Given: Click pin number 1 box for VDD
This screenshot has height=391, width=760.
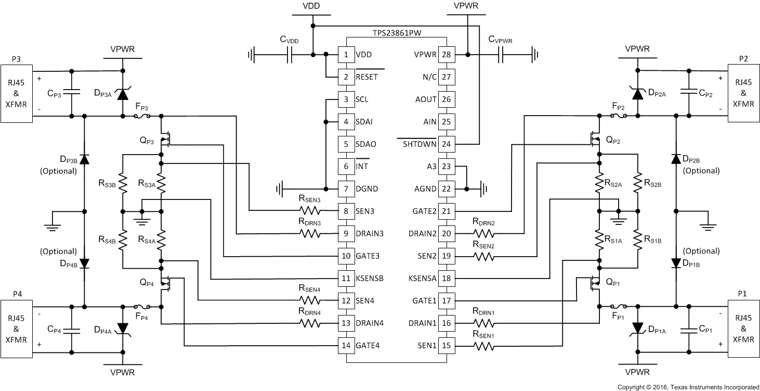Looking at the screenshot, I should [346, 54].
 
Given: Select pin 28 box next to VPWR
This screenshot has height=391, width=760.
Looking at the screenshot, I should [445, 54].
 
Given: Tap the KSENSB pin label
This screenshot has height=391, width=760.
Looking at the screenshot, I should [370, 278].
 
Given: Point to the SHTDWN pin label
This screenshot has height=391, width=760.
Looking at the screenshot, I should [417, 144].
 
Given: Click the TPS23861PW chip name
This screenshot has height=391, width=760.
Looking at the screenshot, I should [397, 32].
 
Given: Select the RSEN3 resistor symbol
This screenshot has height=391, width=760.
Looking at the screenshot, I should [310, 211].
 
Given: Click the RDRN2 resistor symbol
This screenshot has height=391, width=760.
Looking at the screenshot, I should [483, 233].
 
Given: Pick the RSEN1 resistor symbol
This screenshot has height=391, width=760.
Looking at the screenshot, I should [483, 345].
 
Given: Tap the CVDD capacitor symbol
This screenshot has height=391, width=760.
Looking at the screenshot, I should [290, 54].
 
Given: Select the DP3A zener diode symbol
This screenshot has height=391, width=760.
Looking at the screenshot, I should [123, 94].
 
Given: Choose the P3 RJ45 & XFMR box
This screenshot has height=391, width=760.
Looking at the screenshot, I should [16, 94].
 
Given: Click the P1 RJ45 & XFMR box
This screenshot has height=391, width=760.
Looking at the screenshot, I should [743, 329].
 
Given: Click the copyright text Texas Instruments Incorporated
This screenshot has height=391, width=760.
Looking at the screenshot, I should [688, 387].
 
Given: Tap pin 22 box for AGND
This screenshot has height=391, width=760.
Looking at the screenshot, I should [445, 188].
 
